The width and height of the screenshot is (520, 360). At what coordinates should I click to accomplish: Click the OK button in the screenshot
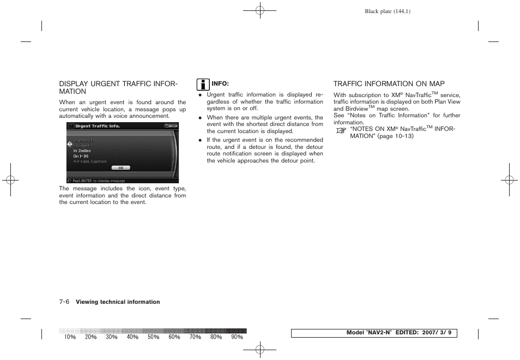[x=120, y=168]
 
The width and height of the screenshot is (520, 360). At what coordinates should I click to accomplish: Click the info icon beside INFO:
[x=203, y=85]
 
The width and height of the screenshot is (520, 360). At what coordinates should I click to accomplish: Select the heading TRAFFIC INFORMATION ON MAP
[x=389, y=84]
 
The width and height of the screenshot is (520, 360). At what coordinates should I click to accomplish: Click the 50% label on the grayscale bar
[x=154, y=337]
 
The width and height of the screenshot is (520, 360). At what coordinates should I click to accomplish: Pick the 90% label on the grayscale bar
[x=237, y=337]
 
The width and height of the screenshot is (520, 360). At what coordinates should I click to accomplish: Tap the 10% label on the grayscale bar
[x=70, y=337]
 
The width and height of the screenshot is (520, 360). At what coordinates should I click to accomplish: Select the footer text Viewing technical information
[x=118, y=302]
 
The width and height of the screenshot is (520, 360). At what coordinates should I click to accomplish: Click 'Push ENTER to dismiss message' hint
[x=99, y=181]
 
